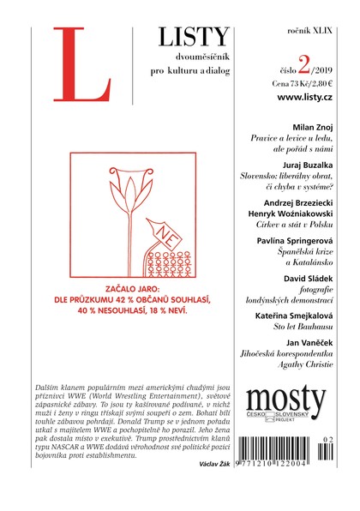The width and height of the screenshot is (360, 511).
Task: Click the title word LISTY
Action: tap(194, 35)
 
